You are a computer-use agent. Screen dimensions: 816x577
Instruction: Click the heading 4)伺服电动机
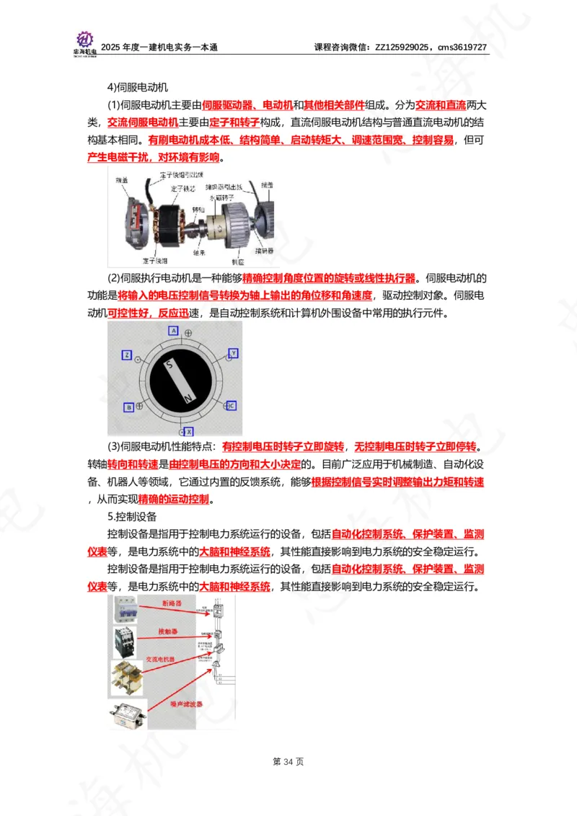[x=137, y=87]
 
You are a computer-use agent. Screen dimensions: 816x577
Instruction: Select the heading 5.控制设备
[x=132, y=517]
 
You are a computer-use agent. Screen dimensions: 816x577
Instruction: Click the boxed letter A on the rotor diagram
[x=173, y=330]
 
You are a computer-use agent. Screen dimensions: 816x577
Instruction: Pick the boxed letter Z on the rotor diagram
[x=127, y=355]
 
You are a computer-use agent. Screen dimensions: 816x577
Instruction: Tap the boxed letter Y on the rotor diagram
[x=233, y=353]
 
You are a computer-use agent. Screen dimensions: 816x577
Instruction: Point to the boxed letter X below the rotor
[x=190, y=430]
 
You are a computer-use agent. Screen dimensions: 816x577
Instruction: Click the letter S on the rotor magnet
[x=169, y=365]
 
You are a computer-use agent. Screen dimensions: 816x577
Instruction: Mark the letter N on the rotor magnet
[x=188, y=398]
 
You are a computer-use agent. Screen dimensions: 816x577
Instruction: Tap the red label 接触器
[x=168, y=631]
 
